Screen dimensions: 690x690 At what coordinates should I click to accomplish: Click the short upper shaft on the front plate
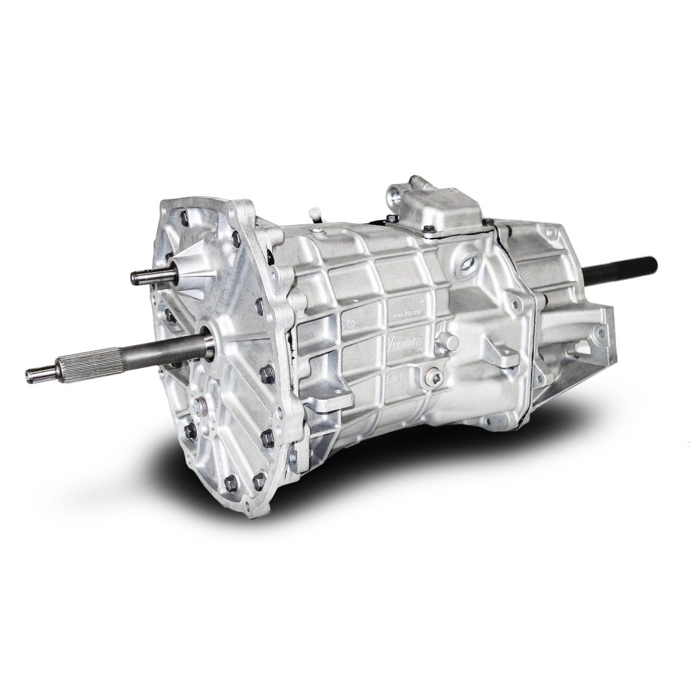click(x=152, y=276)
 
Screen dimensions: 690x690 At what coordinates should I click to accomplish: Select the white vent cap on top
click(x=315, y=214)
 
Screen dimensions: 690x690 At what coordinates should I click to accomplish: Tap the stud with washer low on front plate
click(x=199, y=406)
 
